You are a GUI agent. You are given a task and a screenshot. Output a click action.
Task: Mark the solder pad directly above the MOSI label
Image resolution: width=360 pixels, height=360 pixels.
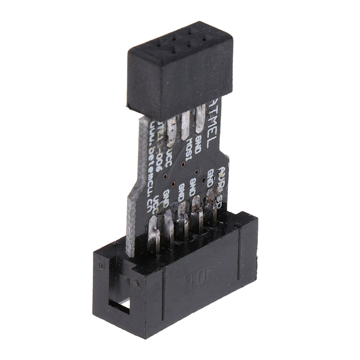tap(186, 126)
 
